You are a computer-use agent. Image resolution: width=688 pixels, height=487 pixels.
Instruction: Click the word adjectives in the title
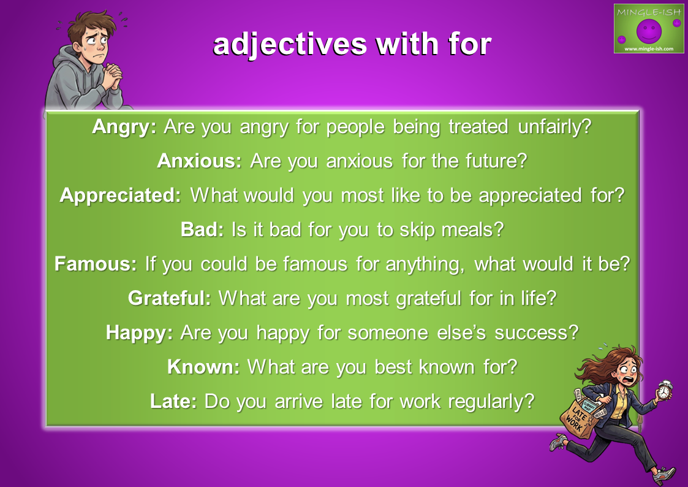click(x=290, y=45)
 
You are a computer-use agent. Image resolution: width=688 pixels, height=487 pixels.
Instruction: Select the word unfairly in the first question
click(x=554, y=128)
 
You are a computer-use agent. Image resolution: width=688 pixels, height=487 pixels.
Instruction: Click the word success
click(x=537, y=333)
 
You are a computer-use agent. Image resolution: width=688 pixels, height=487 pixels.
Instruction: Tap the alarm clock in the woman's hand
click(x=665, y=390)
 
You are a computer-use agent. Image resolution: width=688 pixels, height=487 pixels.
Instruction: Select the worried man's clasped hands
click(x=112, y=75)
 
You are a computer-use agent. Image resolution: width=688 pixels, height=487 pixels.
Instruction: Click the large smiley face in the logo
click(x=649, y=30)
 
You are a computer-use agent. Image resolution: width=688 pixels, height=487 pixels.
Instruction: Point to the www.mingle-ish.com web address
click(x=649, y=48)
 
